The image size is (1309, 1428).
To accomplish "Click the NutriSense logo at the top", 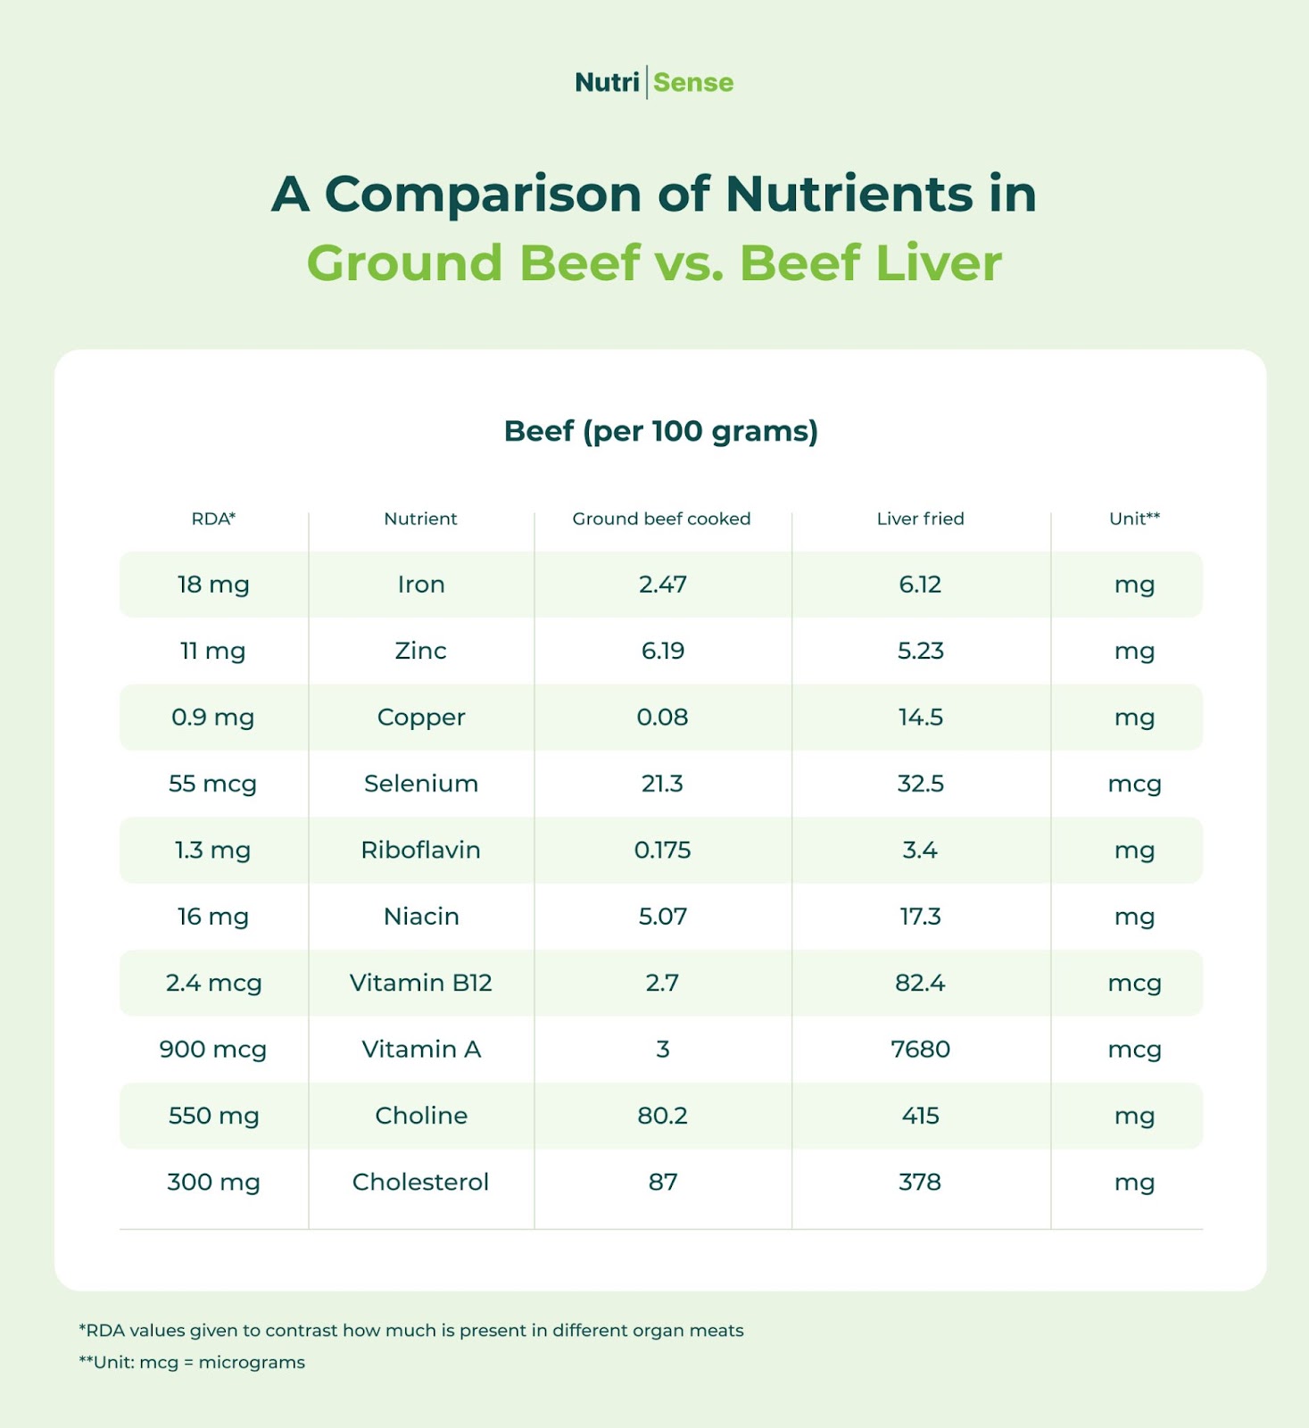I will pyautogui.click(x=654, y=82).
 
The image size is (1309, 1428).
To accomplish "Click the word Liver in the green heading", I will pyautogui.click(x=938, y=263).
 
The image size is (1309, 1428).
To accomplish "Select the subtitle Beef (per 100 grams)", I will pyautogui.click(x=660, y=431).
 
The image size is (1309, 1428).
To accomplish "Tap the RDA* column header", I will pyautogui.click(x=213, y=519).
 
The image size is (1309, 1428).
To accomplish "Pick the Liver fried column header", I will pyautogui.click(x=920, y=519).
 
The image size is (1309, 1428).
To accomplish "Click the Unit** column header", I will pyautogui.click(x=1134, y=519).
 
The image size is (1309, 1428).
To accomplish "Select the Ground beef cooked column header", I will pyautogui.click(x=661, y=519).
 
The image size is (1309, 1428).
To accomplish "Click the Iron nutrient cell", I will pyautogui.click(x=421, y=585).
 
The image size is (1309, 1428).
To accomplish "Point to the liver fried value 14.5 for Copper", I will pyautogui.click(x=920, y=718).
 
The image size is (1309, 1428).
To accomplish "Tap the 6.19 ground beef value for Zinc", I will pyautogui.click(x=662, y=651).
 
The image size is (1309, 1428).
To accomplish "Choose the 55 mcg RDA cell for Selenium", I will pyautogui.click(x=212, y=784).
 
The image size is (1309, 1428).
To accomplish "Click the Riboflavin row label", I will pyautogui.click(x=420, y=850).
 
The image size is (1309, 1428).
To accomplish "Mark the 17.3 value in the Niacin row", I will pyautogui.click(x=920, y=917).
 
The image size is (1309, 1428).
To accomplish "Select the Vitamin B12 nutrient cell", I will pyautogui.click(x=420, y=983).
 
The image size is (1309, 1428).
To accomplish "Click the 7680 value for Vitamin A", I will pyautogui.click(x=920, y=1050).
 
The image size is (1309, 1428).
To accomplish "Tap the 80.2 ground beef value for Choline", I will pyautogui.click(x=662, y=1116).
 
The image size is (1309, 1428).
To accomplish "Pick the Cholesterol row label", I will pyautogui.click(x=420, y=1182).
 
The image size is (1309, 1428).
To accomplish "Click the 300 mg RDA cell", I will pyautogui.click(x=213, y=1182).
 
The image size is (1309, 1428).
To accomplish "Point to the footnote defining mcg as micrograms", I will pyautogui.click(x=192, y=1363).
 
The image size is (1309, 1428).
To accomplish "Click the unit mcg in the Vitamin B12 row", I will pyautogui.click(x=1134, y=983).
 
